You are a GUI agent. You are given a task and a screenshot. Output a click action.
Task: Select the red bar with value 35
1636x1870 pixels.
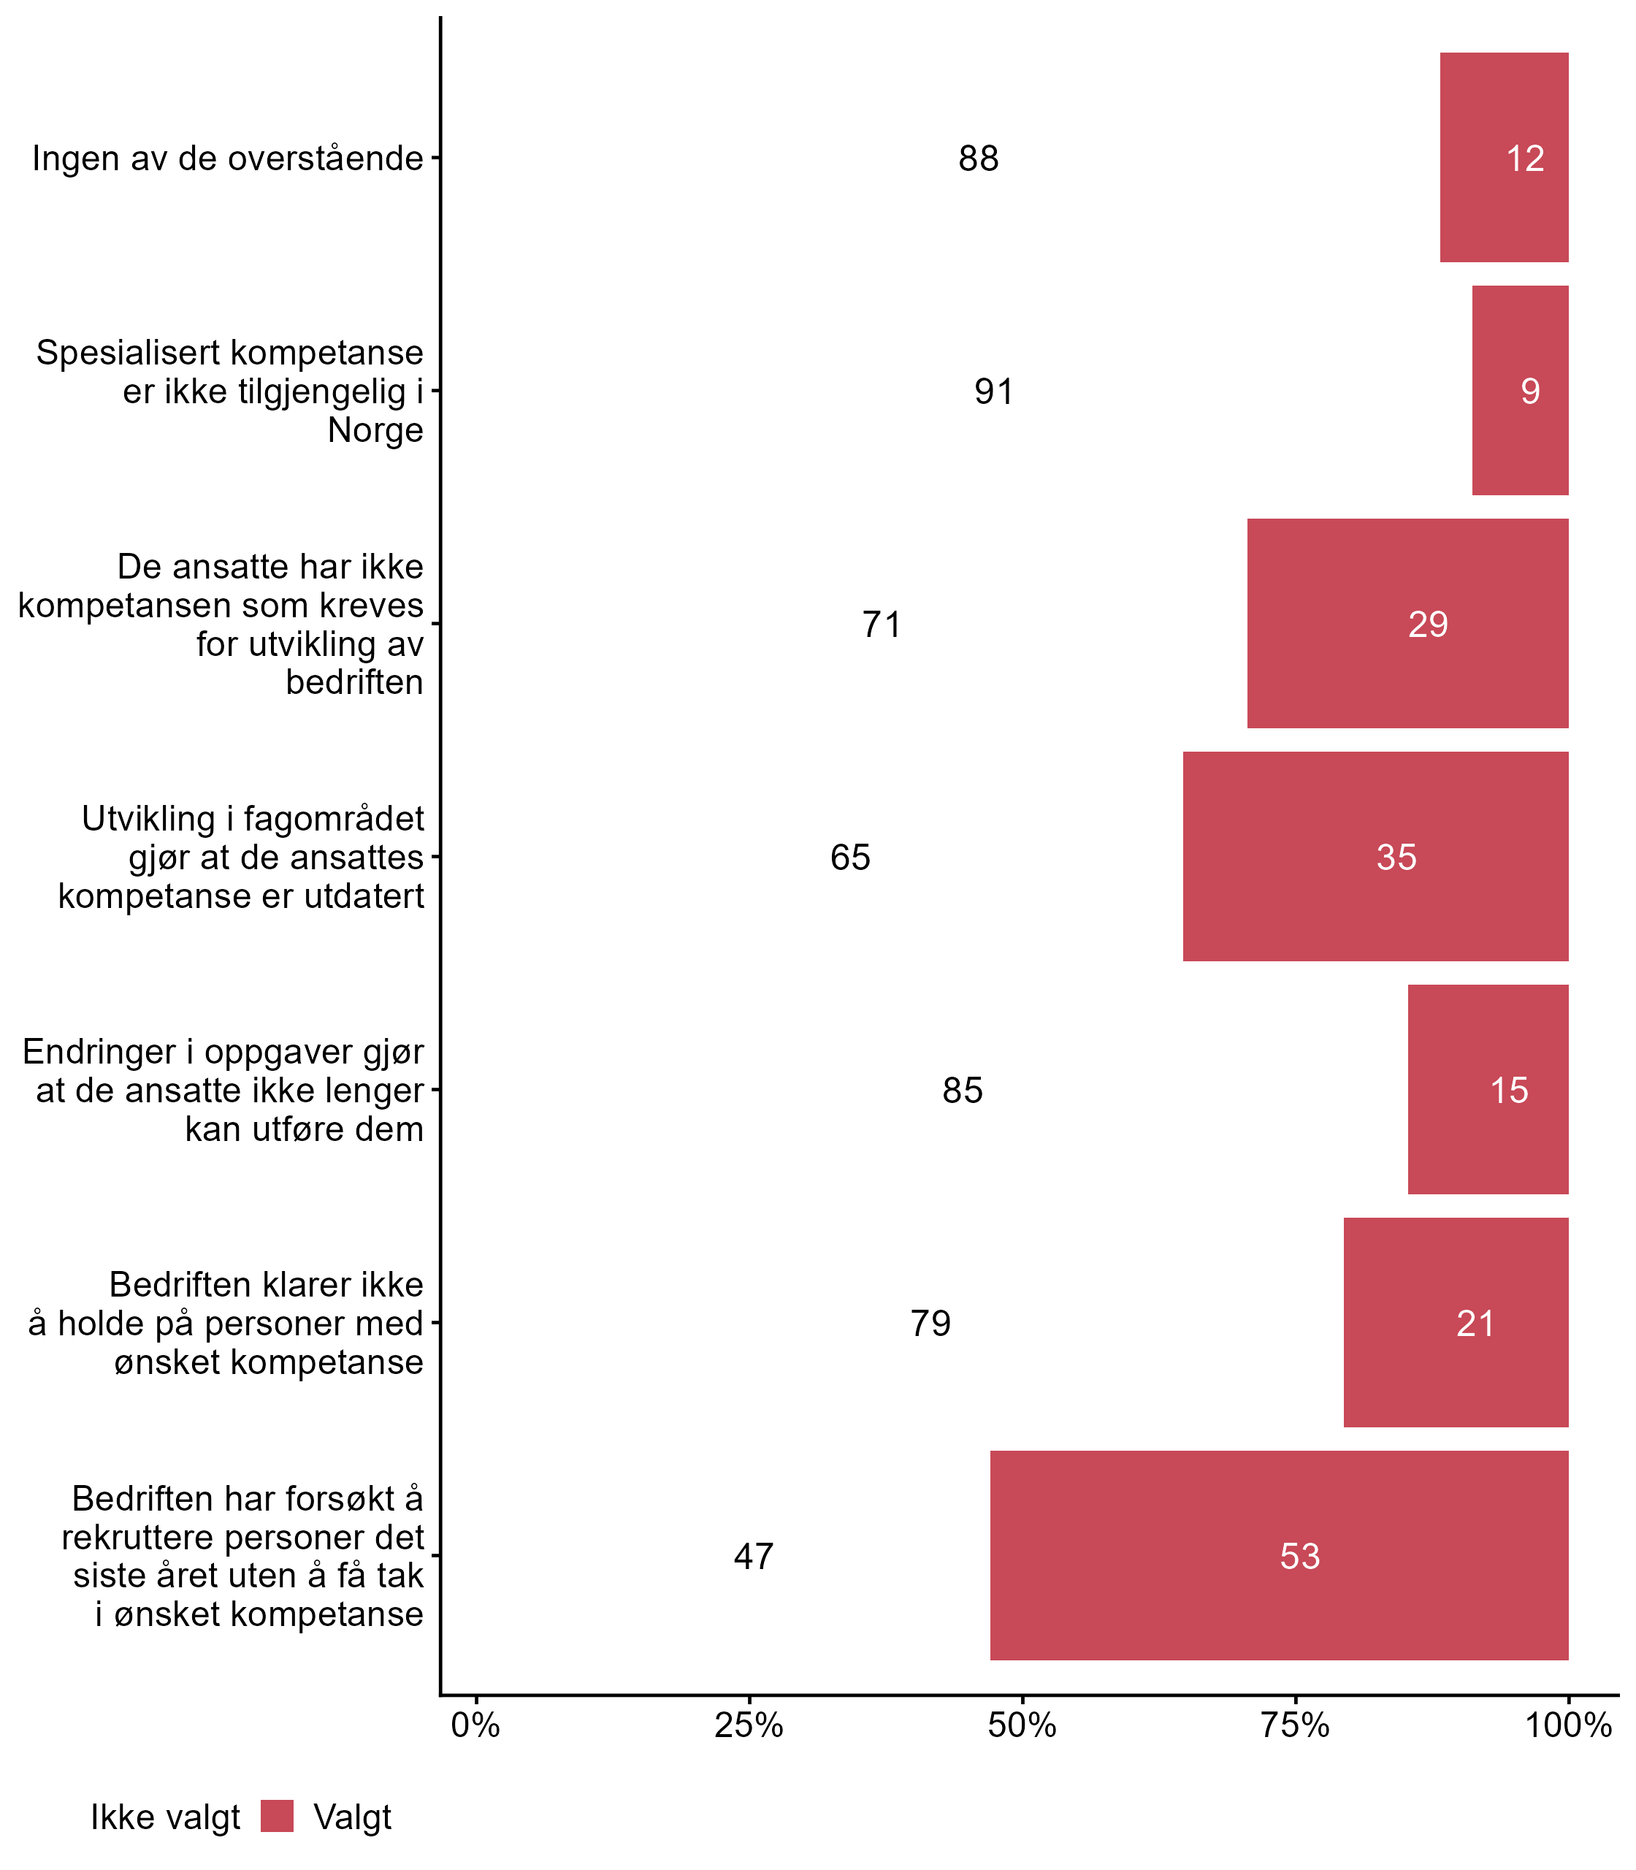click(1375, 856)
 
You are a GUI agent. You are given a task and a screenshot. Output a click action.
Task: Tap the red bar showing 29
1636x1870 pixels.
click(1407, 624)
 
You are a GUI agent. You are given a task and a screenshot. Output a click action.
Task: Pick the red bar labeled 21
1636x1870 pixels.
click(1455, 1322)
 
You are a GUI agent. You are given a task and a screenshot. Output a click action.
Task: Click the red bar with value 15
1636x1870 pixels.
click(1487, 1089)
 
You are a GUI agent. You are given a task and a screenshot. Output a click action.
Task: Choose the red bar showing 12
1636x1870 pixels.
click(1504, 158)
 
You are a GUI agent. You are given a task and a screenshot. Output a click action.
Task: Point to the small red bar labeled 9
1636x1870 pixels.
click(1520, 391)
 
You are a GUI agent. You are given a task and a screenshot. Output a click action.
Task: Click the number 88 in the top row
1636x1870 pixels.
click(978, 159)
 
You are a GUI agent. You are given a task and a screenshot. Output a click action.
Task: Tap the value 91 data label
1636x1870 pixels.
click(993, 392)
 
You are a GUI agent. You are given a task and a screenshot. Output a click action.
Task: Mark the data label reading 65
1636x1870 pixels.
click(850, 858)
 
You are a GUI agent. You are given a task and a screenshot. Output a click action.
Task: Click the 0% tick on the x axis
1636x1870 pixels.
click(475, 1725)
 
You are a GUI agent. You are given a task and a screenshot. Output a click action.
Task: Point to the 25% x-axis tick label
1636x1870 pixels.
click(749, 1725)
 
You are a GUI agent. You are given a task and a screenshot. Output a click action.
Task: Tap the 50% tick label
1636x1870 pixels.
click(1022, 1725)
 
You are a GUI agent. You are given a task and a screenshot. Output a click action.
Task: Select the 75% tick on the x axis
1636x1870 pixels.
click(1294, 1725)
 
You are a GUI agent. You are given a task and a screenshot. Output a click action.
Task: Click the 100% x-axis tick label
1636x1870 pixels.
click(1567, 1725)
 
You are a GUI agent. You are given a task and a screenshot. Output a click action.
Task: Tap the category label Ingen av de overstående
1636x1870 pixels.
click(227, 159)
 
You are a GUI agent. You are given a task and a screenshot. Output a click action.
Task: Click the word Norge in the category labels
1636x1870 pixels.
click(375, 430)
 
